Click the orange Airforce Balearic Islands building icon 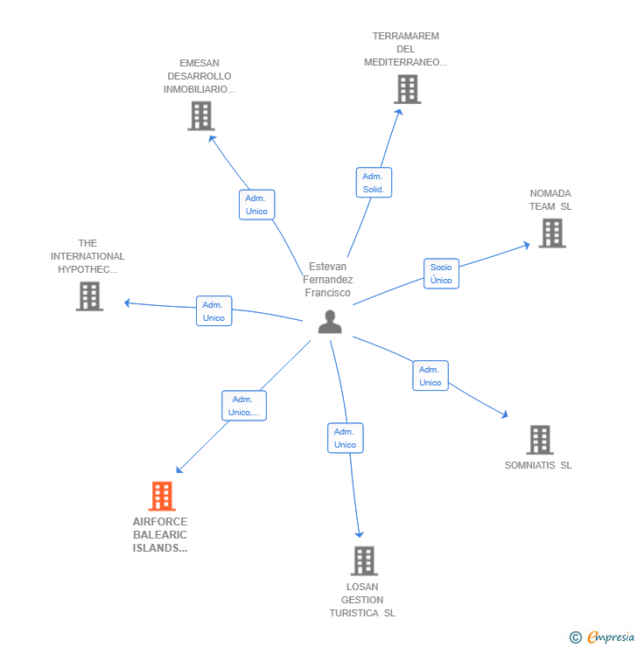162,497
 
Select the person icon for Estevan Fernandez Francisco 330,322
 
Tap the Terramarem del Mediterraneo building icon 407,89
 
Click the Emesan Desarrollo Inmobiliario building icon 201,116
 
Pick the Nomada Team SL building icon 552,233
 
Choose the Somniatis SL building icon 540,440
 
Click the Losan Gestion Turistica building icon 363,561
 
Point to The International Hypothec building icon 89,296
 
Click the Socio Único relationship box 441,274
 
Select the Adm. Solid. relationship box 374,183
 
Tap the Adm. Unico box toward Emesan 256,205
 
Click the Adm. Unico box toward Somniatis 430,376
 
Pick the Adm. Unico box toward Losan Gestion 345,438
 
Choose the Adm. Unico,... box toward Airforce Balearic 243,406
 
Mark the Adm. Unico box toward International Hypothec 213,311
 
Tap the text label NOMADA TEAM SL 550,200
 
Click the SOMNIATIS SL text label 538,465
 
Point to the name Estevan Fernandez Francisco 328,280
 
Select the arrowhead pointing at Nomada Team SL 526,245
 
